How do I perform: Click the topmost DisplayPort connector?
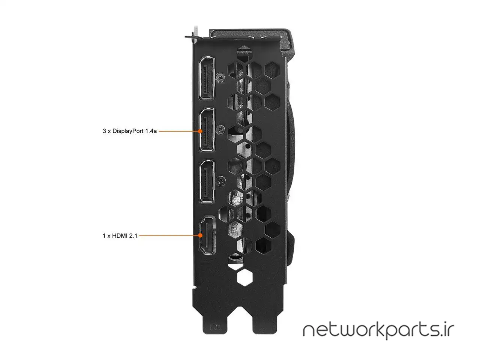coord(207,78)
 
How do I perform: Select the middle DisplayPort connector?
coord(207,129)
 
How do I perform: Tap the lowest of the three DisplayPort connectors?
coord(207,181)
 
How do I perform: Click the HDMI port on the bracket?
coord(206,235)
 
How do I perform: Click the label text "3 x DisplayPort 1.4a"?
coord(129,131)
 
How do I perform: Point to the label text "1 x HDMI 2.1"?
coord(120,236)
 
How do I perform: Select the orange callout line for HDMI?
coord(169,236)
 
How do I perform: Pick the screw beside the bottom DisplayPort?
coord(221,181)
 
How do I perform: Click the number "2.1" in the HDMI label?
coord(133,236)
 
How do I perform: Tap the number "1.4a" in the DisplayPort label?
coord(150,131)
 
